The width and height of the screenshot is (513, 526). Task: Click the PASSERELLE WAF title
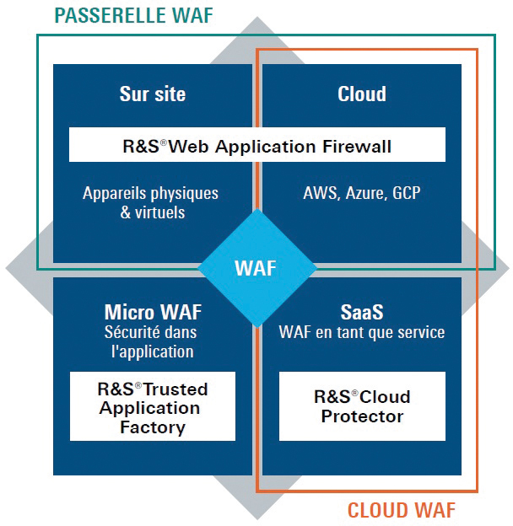pyautogui.click(x=133, y=15)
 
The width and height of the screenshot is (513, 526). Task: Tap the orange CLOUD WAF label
pyautogui.click(x=401, y=510)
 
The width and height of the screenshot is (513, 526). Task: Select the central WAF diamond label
pyautogui.click(x=256, y=268)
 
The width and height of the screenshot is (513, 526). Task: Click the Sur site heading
pyautogui.click(x=153, y=94)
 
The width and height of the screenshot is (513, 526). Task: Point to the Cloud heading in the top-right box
pyautogui.click(x=362, y=94)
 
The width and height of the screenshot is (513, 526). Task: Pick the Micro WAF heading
pyautogui.click(x=153, y=312)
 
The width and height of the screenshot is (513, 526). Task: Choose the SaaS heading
pyautogui.click(x=362, y=312)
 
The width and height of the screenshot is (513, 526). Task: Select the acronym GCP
pyautogui.click(x=406, y=193)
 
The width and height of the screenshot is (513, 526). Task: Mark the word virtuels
pyautogui.click(x=159, y=212)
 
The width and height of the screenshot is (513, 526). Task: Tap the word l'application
pyautogui.click(x=153, y=352)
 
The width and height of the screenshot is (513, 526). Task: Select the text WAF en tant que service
pyautogui.click(x=362, y=332)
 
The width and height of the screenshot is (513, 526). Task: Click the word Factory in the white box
pyautogui.click(x=153, y=427)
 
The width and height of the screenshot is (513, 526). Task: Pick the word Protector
pyautogui.click(x=362, y=416)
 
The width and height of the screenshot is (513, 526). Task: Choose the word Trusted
pyautogui.click(x=175, y=389)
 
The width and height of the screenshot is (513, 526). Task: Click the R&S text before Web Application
pyautogui.click(x=141, y=147)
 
